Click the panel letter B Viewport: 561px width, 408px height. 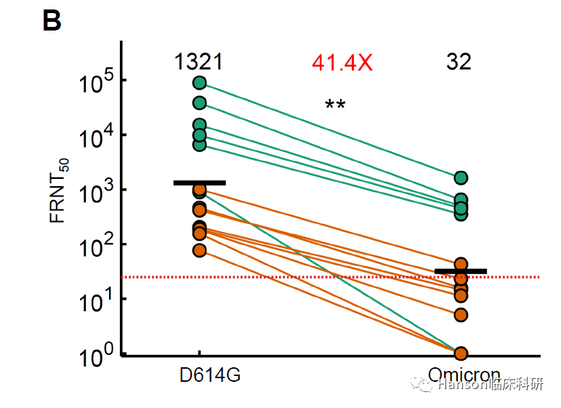(x=52, y=21)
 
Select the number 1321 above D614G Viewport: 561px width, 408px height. (x=198, y=62)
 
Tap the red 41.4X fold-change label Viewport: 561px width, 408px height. (x=342, y=63)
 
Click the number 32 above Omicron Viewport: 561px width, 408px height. (x=459, y=62)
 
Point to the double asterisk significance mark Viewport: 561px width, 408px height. (x=335, y=105)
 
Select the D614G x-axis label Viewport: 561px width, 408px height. (x=210, y=377)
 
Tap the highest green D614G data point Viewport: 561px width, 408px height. (x=200, y=83)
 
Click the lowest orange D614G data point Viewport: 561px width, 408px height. (x=200, y=250)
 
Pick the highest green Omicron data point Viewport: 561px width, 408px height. (x=461, y=177)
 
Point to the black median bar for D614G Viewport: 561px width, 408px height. (x=199, y=183)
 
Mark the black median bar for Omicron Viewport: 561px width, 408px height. (x=461, y=271)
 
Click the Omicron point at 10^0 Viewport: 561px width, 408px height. (x=461, y=353)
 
